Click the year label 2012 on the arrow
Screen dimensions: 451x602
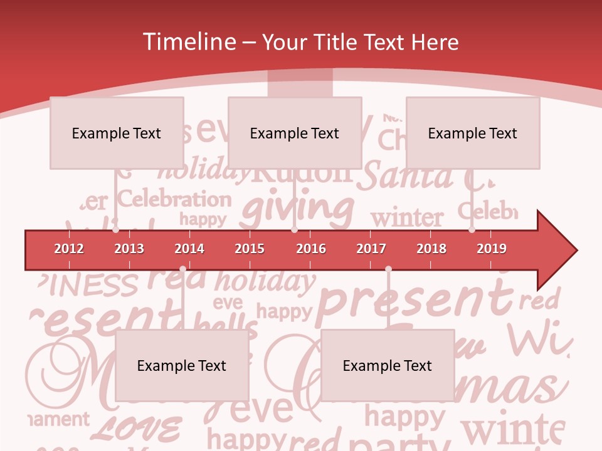pos(69,249)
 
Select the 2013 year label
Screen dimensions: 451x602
pos(129,249)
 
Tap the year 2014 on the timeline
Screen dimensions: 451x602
pos(189,249)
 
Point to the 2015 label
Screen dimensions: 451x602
pos(250,249)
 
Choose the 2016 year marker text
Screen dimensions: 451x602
pos(311,249)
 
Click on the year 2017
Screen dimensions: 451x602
pos(371,249)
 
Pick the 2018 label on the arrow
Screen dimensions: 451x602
pos(431,249)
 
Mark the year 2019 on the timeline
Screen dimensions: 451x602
pos(492,249)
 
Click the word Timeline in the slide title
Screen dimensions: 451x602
pos(188,42)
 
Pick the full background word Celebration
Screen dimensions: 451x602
pos(174,199)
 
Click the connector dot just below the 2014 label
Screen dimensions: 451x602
pos(182,269)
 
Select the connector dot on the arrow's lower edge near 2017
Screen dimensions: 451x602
pos(388,269)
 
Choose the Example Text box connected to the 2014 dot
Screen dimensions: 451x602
pos(182,366)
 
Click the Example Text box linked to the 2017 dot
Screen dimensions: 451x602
pos(388,366)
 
